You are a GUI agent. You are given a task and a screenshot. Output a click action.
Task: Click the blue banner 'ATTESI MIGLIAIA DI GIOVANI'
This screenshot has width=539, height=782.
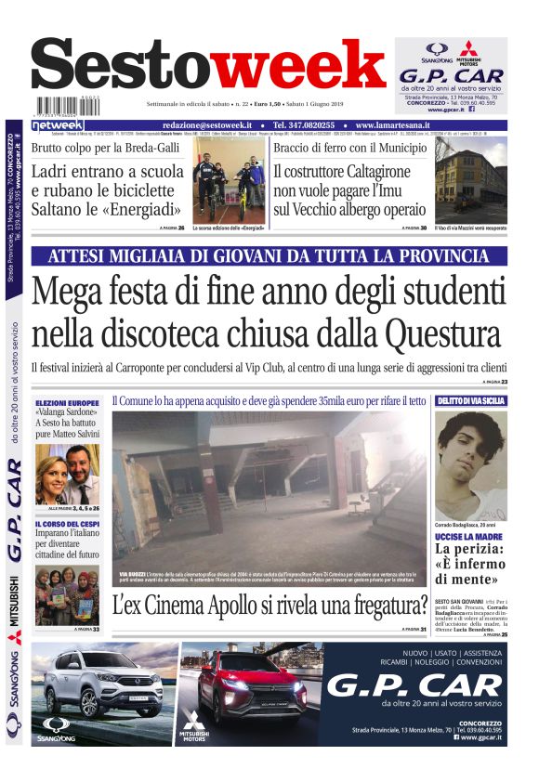point(269,256)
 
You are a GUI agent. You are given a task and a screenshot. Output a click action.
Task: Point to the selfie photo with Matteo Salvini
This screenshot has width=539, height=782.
point(67,474)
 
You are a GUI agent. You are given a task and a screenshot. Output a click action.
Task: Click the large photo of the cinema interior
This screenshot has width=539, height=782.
point(269,489)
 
